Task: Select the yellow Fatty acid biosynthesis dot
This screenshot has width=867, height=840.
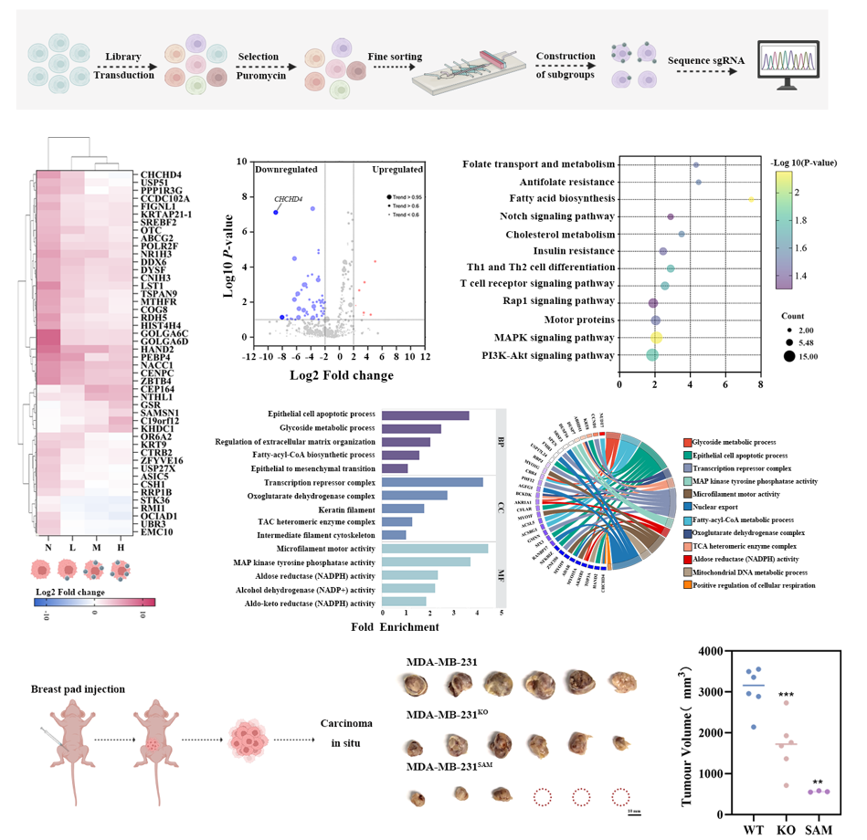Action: [x=751, y=198]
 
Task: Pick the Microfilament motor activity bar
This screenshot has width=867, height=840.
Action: [x=434, y=548]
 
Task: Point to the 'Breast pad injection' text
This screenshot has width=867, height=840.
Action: [x=78, y=688]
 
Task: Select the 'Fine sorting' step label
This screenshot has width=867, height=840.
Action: [x=395, y=57]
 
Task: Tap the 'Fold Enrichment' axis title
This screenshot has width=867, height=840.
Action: [x=395, y=626]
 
